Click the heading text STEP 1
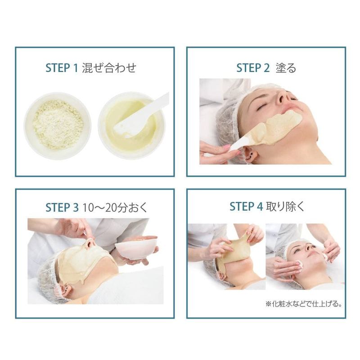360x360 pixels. click(x=62, y=68)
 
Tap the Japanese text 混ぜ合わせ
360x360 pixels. click(x=109, y=68)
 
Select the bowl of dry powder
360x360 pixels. click(x=58, y=126)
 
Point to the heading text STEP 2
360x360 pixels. click(x=253, y=68)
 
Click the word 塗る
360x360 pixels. click(x=286, y=68)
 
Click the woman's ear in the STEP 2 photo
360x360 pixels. click(x=250, y=154)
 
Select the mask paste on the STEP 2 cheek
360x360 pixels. click(x=277, y=129)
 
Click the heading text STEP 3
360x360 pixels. click(x=62, y=207)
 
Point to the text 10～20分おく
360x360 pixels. click(x=114, y=207)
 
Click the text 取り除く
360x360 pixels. click(x=285, y=207)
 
